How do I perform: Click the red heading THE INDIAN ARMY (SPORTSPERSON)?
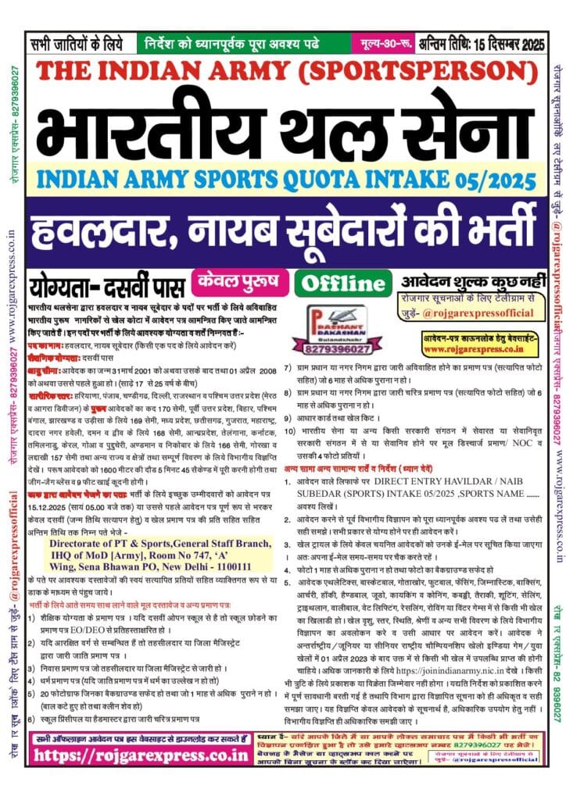tap(283, 73)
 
